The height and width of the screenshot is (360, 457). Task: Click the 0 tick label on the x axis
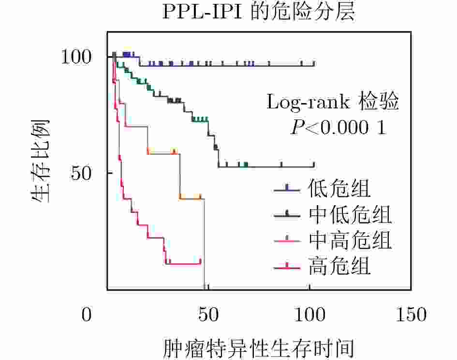click(x=87, y=315)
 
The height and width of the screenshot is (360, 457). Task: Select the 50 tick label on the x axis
click(x=209, y=315)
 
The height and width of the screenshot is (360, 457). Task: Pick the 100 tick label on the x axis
click(x=310, y=315)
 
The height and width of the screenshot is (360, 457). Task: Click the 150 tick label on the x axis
click(x=411, y=315)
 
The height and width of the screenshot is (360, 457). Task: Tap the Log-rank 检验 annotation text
click(x=333, y=102)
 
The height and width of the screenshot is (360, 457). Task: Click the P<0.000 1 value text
click(x=338, y=127)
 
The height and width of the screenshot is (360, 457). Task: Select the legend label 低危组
click(x=339, y=189)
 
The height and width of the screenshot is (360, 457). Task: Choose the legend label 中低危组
click(x=350, y=214)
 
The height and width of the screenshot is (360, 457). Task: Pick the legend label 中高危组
click(x=350, y=240)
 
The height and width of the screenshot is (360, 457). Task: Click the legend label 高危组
click(x=339, y=266)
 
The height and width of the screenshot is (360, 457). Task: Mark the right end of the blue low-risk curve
click(x=314, y=65)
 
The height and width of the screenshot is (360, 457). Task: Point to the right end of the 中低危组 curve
click(x=314, y=167)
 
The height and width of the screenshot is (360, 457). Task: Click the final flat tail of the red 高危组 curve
click(x=184, y=264)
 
